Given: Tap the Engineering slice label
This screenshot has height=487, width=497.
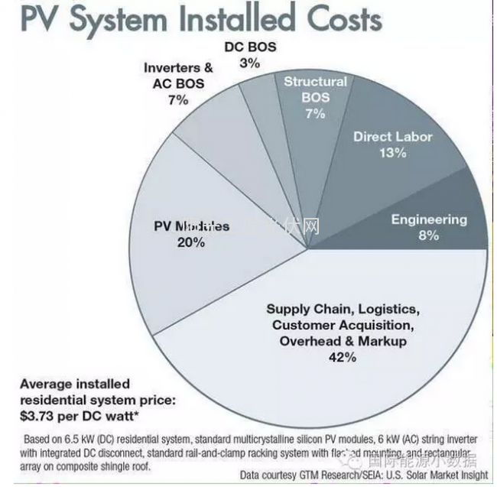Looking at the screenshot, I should pos(429,219).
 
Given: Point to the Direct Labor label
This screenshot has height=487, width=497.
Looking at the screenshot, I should pos(392,137).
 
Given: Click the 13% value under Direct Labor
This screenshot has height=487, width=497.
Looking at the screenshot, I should pos(392,152).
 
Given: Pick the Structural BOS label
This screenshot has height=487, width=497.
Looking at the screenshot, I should pos(315,89).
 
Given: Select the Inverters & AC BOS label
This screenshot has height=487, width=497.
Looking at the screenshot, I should pos(177,76).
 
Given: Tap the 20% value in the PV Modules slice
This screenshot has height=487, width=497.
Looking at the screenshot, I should pos(191,242).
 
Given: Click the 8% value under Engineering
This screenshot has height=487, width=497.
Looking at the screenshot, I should pos(429,235).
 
